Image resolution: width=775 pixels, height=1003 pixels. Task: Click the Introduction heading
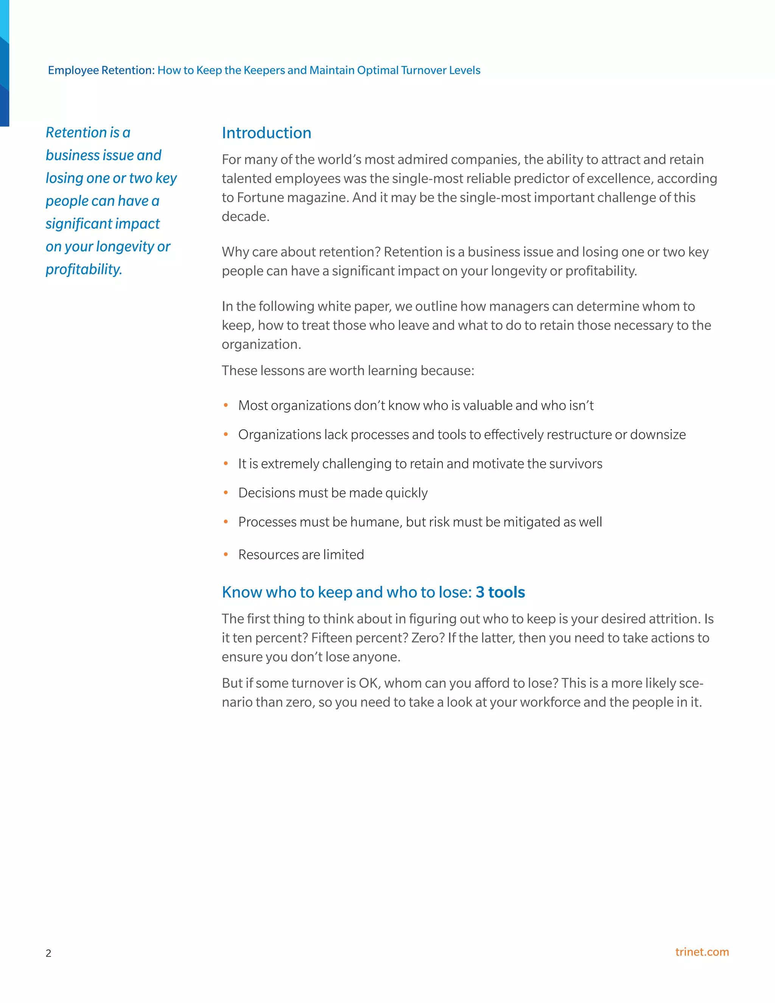click(266, 133)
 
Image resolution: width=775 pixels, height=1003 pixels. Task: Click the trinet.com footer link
click(702, 952)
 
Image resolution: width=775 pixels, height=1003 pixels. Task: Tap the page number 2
click(48, 953)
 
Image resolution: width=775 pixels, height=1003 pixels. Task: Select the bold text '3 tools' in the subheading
click(500, 592)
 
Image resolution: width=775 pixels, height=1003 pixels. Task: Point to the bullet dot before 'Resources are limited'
click(226, 555)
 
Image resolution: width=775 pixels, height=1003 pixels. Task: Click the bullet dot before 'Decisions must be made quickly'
click(226, 493)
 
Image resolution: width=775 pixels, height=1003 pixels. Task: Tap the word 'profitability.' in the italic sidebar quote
click(84, 269)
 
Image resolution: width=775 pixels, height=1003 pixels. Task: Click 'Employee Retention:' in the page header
click(101, 70)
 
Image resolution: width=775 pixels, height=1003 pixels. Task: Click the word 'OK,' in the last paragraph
click(370, 683)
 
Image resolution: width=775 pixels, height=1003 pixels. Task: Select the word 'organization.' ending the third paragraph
click(261, 344)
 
